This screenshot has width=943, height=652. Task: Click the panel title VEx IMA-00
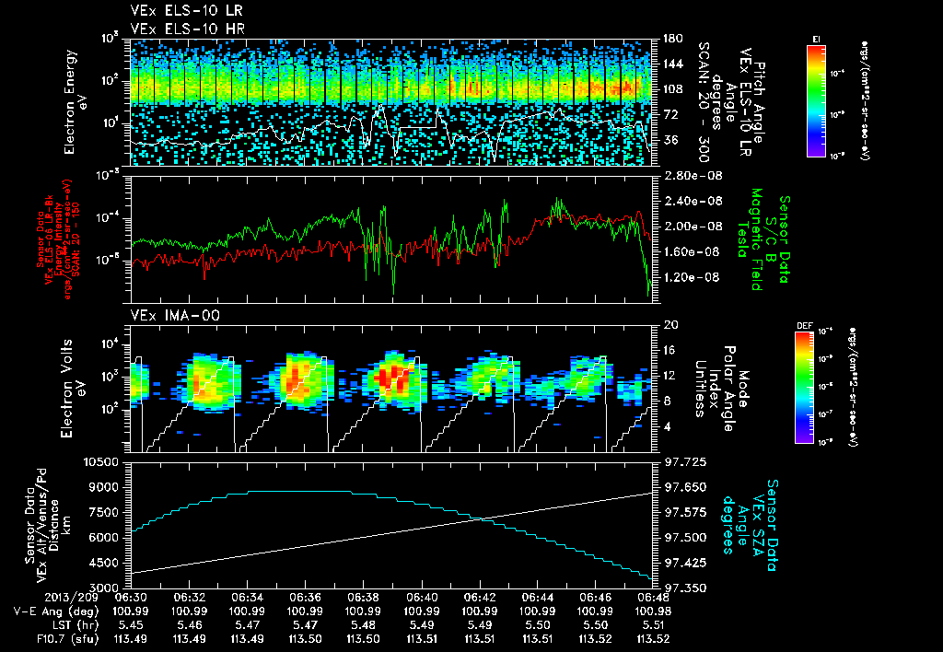pyautogui.click(x=168, y=316)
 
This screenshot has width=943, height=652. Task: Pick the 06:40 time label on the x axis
pyautogui.click(x=421, y=597)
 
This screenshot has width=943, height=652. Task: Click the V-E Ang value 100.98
pyautogui.click(x=652, y=611)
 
